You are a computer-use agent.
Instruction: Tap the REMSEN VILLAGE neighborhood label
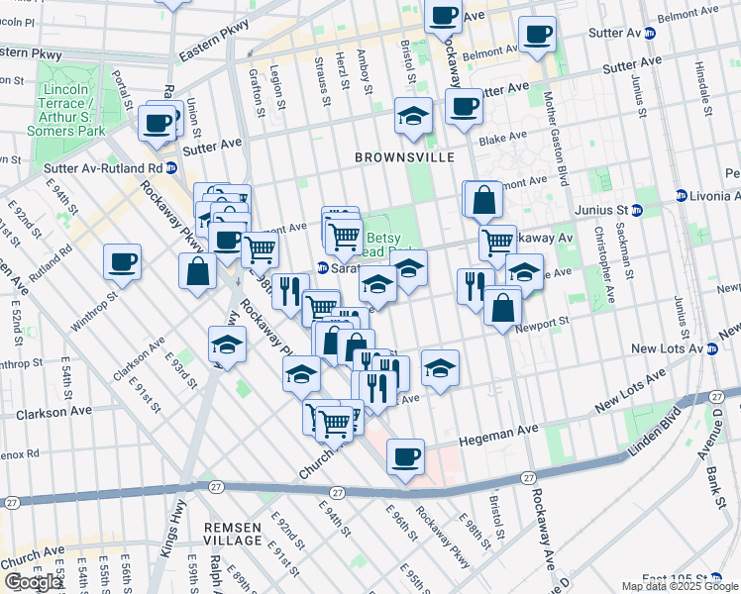click(x=234, y=534)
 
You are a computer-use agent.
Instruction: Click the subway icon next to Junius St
click(x=636, y=210)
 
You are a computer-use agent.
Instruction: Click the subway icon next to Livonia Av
click(x=681, y=195)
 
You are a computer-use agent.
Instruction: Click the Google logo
click(x=33, y=582)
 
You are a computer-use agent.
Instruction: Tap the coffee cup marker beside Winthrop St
click(x=122, y=262)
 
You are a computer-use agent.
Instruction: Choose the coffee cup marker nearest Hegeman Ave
click(x=405, y=457)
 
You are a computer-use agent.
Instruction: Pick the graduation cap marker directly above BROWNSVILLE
click(x=413, y=116)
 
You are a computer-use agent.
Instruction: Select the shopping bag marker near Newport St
click(x=502, y=305)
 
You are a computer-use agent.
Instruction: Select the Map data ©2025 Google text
click(x=680, y=586)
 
